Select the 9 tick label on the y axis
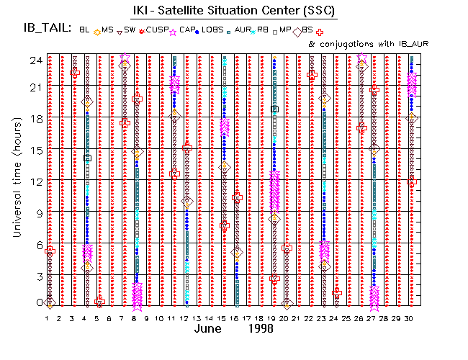click(x=37, y=212)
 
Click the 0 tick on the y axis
click(x=37, y=303)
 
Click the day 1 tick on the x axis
click(x=48, y=318)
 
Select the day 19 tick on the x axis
click(x=274, y=318)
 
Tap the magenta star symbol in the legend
click(x=173, y=32)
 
